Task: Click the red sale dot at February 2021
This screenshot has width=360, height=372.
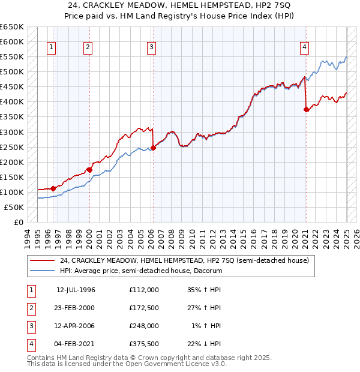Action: click(307, 109)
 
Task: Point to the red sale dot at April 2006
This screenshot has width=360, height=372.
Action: click(153, 148)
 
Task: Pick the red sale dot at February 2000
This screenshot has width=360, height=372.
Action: click(89, 170)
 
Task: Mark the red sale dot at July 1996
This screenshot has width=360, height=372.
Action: click(53, 188)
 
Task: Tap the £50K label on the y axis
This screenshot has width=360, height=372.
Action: click(14, 207)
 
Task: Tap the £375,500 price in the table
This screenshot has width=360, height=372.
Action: click(144, 344)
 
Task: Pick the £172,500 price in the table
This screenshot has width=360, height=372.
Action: click(144, 308)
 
